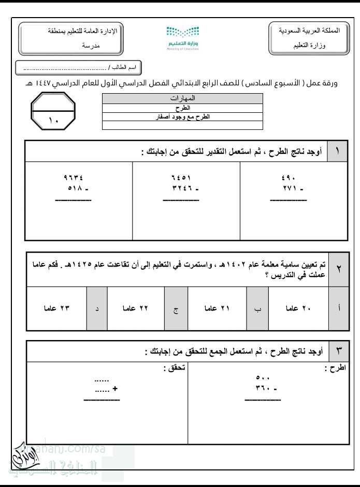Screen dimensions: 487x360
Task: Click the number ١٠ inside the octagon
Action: coord(54,121)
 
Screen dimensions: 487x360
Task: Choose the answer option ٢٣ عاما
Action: coord(56,308)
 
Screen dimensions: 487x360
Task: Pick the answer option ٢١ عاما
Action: coord(217,308)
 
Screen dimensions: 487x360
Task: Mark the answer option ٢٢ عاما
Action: coord(136,308)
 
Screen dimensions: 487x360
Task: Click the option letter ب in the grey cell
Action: coord(257,309)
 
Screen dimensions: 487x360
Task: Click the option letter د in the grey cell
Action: coord(97,309)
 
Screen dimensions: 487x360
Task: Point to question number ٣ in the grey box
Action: coord(339,351)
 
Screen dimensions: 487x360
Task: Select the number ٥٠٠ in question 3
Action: coord(263,378)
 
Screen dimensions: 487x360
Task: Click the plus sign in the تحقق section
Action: coord(115,390)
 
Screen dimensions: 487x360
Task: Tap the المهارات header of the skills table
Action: coord(182,98)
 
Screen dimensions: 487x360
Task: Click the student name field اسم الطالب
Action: coord(79,68)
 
